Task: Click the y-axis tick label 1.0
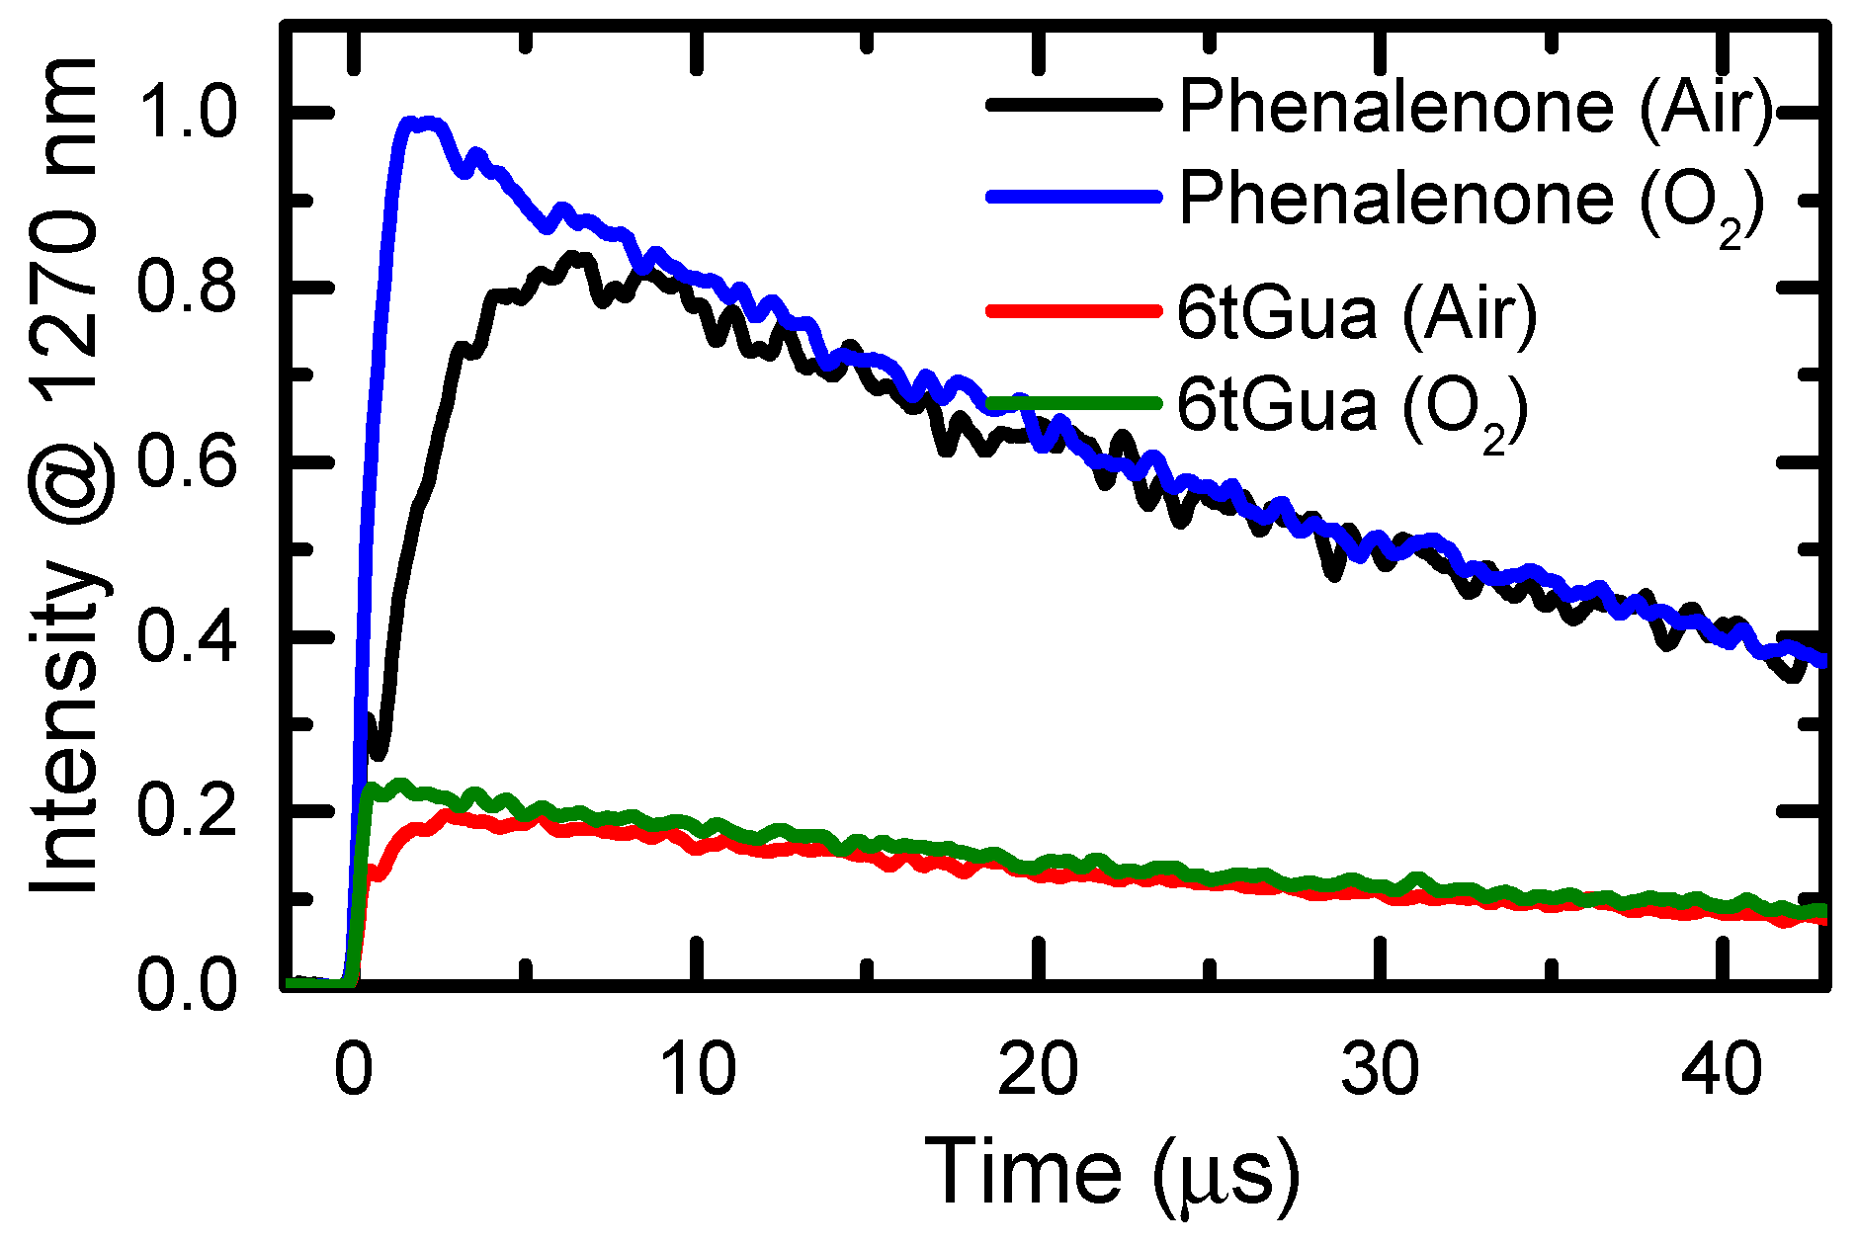click(x=188, y=114)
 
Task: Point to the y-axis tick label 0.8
click(x=188, y=288)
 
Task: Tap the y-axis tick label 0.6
click(x=188, y=461)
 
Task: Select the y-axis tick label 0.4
click(x=188, y=636)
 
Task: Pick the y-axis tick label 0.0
click(x=188, y=985)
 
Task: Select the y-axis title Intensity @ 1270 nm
click(x=67, y=474)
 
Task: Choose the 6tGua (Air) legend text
click(x=1357, y=313)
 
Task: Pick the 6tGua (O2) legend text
click(x=1352, y=406)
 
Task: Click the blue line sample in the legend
click(x=1072, y=197)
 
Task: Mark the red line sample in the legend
click(x=1072, y=311)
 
